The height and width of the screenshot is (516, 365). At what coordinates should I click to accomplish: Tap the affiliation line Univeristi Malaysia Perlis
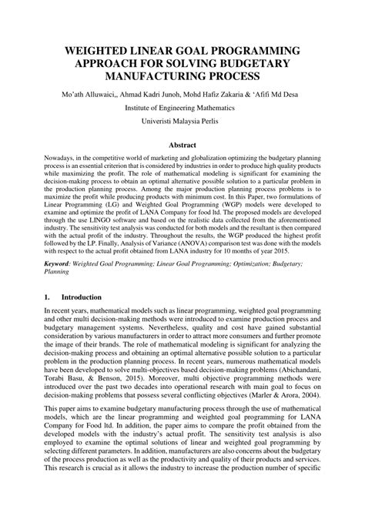182,122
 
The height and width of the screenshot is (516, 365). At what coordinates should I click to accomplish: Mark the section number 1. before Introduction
47,296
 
